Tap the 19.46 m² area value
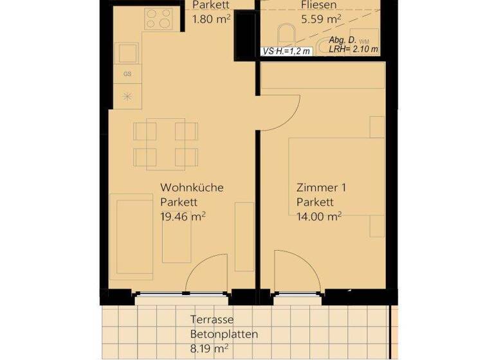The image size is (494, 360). (183, 217)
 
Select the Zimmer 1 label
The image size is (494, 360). (321, 188)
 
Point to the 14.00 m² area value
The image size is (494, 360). (318, 217)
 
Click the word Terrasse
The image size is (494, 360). (212, 319)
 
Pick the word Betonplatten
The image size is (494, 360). (224, 334)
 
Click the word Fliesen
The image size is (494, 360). (318, 5)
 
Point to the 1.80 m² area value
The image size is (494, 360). (212, 19)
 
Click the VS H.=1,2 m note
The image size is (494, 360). (286, 51)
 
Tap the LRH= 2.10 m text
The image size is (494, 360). (353, 50)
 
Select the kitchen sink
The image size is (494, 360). (127, 52)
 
